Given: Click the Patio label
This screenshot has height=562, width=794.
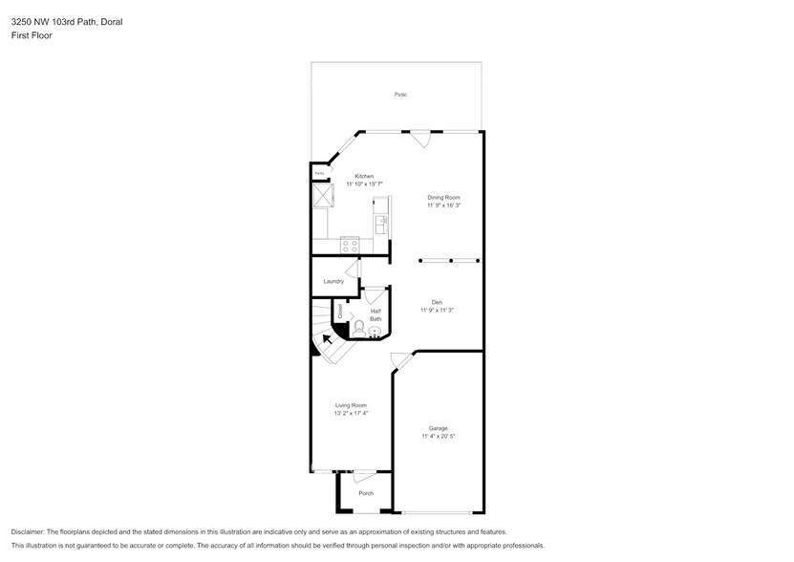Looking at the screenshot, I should [x=401, y=95].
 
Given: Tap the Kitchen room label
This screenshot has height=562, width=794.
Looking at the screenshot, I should [x=364, y=176].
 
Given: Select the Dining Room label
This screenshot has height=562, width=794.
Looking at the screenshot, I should [x=443, y=197].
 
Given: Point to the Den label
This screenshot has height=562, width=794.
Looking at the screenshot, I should [x=437, y=302].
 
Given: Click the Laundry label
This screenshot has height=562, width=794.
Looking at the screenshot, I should [x=333, y=281].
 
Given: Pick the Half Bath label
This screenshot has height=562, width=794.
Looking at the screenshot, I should [x=376, y=314].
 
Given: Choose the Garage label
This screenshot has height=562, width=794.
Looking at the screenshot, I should [x=439, y=428].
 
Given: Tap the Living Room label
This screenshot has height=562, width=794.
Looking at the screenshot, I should [x=352, y=405].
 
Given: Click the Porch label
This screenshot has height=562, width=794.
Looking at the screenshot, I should [x=366, y=493].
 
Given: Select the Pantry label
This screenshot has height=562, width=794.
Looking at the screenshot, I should [x=320, y=173].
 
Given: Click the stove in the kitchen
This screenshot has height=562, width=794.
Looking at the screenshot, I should [x=351, y=245].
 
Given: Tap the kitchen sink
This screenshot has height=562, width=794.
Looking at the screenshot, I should [x=380, y=224].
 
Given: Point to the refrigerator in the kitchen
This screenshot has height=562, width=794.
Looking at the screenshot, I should [x=321, y=195].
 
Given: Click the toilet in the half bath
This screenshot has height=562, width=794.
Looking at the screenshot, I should [x=359, y=328].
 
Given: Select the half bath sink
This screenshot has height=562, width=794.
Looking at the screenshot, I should [x=376, y=334].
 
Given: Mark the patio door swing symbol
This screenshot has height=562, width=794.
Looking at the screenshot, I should [x=420, y=140].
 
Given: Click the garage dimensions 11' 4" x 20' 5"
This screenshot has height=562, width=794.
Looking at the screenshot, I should [x=439, y=437].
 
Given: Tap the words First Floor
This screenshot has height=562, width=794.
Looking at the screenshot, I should [x=32, y=35].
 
